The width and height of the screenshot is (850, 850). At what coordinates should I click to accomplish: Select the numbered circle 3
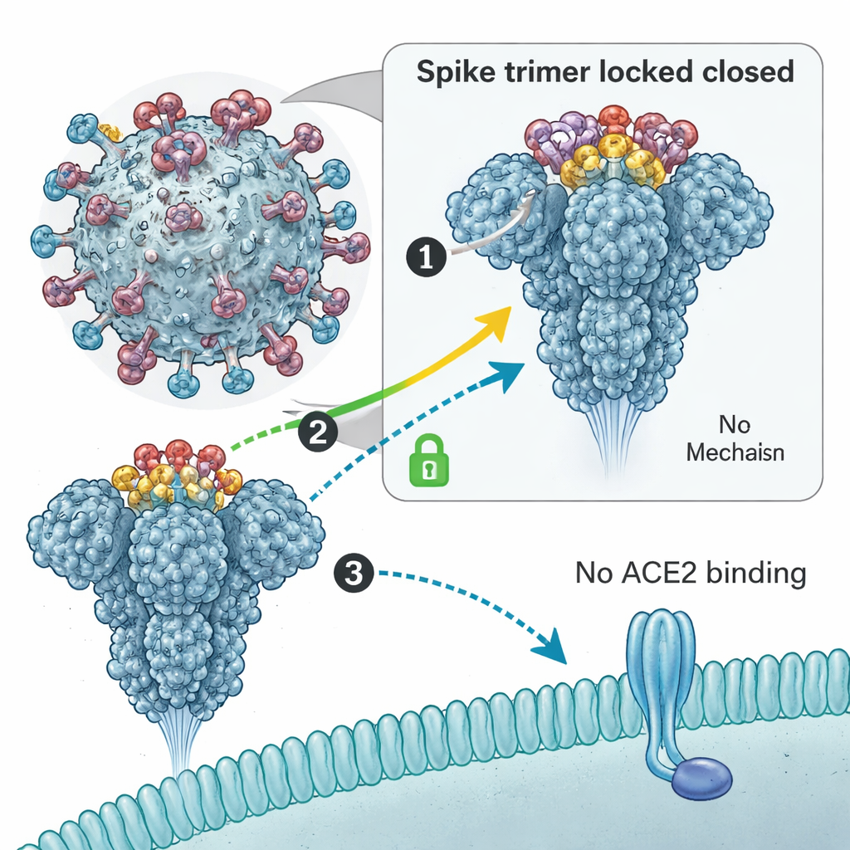(353, 574)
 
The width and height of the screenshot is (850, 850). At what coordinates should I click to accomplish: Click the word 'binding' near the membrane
(760, 574)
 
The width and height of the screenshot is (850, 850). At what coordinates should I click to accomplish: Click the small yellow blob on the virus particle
(107, 130)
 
